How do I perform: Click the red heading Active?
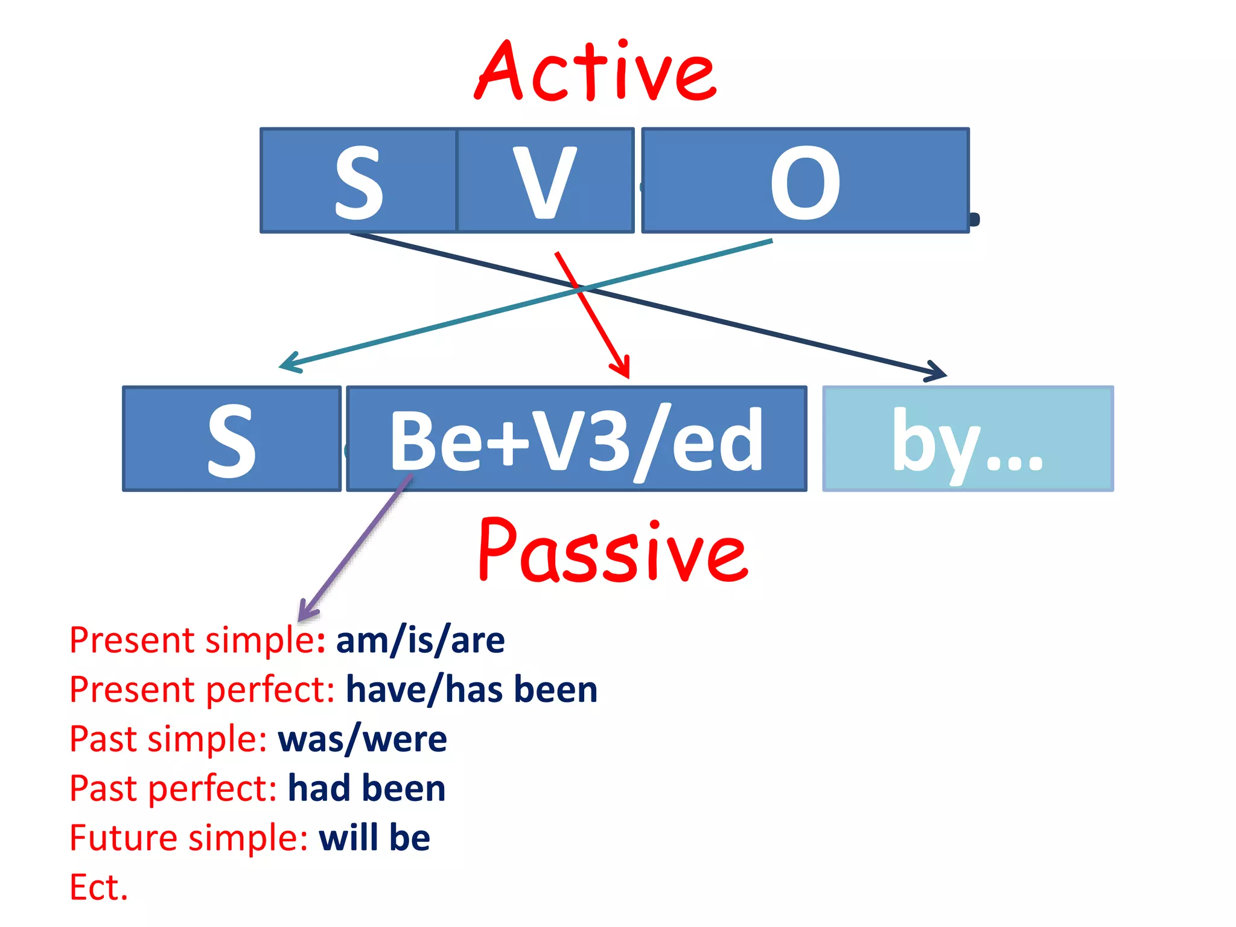pos(596,72)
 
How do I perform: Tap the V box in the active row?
pos(545,180)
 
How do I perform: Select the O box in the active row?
pos(805,180)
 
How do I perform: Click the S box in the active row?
pos(358,180)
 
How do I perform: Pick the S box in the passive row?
pos(232,439)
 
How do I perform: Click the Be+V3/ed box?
pos(576,439)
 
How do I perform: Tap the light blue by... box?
pos(967,439)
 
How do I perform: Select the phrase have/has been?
pos(471,689)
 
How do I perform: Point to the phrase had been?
pos(366,788)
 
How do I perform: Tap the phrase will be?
pos(374,838)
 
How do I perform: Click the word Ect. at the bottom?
pos(99,887)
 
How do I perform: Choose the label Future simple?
pos(188,838)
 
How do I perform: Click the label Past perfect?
pos(173,788)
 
